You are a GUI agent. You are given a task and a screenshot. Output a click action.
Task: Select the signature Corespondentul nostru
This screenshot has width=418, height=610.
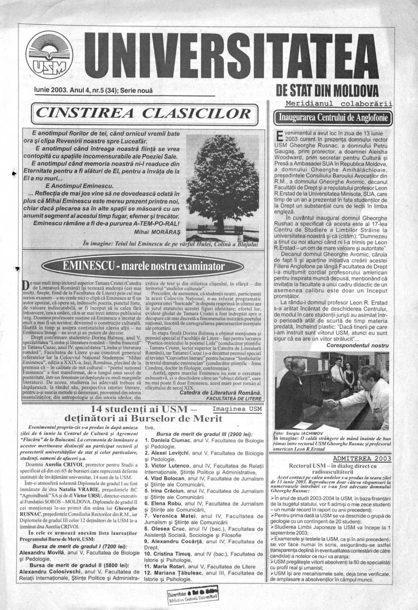point(357,345)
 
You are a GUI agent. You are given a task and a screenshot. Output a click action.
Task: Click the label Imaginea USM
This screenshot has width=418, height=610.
point(237,409)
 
